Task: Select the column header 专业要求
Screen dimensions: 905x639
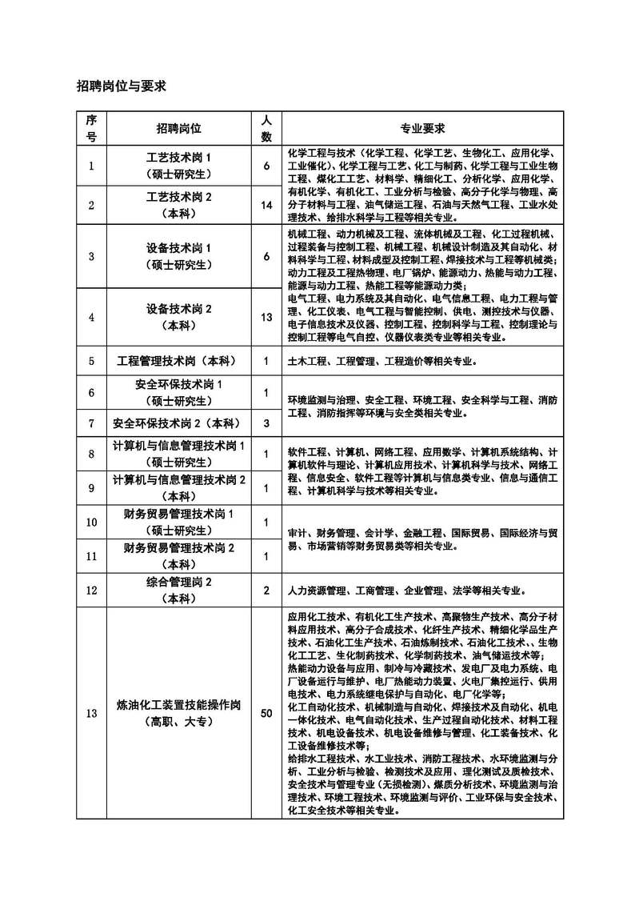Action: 422,128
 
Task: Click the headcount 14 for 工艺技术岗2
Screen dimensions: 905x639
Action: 267,206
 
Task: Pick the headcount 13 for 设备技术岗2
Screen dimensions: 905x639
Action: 267,317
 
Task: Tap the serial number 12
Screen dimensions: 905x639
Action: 91,591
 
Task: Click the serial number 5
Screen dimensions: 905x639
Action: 91,361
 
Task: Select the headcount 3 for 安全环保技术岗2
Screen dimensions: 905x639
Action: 267,422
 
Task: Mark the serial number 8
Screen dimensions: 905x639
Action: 91,454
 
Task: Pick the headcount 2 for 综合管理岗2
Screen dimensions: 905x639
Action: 267,591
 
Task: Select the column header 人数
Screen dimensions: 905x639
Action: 267,128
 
